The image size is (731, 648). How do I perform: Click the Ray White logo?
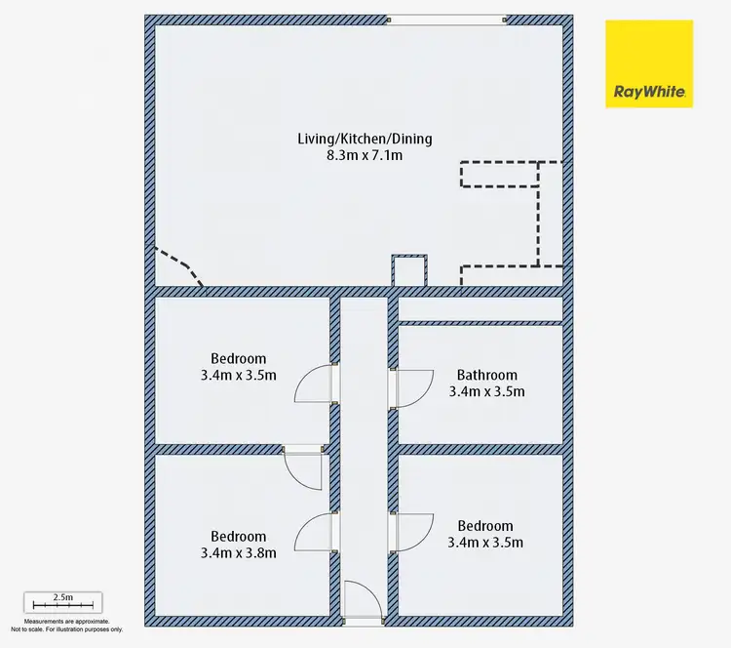tap(648, 63)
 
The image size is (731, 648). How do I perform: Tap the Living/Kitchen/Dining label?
tap(360, 138)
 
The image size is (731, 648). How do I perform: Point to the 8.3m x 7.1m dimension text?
tap(360, 155)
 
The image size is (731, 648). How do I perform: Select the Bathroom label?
tap(486, 375)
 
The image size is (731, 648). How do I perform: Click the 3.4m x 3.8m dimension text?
tap(239, 553)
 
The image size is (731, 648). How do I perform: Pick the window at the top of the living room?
tap(445, 19)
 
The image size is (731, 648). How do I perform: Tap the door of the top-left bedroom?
tap(315, 383)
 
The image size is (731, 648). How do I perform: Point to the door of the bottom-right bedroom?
tap(410, 533)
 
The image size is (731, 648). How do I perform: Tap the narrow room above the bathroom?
tap(480, 309)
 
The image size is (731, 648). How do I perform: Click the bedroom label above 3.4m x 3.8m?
tap(239, 536)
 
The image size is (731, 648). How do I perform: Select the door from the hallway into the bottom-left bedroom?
tap(315, 534)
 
